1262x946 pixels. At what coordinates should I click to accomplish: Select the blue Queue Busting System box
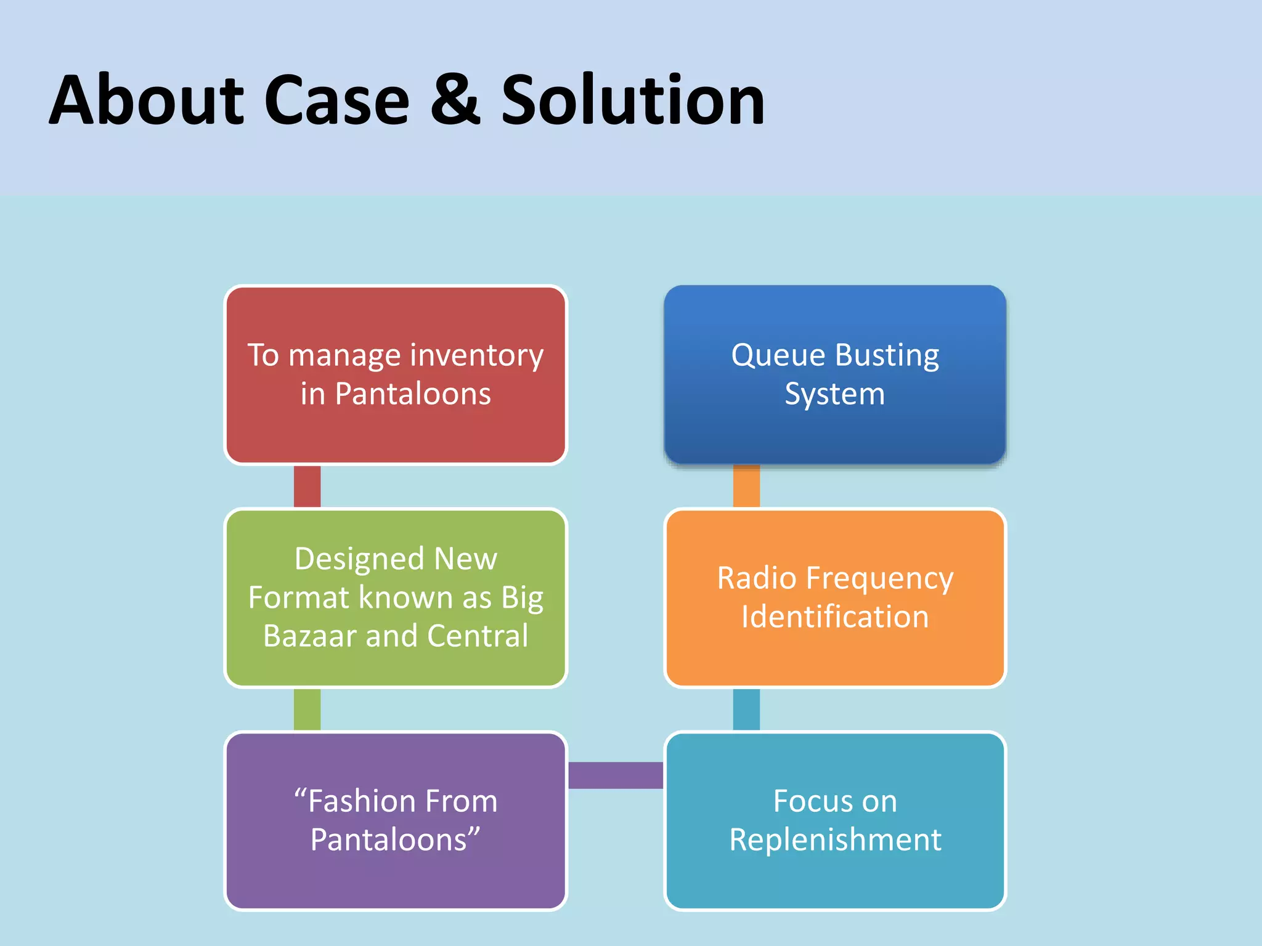pyautogui.click(x=835, y=431)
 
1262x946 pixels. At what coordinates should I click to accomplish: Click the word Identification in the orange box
pyautogui.click(x=835, y=617)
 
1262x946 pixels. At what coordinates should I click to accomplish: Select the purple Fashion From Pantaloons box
pyautogui.click(x=395, y=881)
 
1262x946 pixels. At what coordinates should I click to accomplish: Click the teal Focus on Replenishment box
pyautogui.click(x=835, y=881)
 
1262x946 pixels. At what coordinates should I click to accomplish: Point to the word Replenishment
pyautogui.click(x=835, y=840)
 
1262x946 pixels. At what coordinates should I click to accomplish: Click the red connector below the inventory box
pyautogui.click(x=307, y=487)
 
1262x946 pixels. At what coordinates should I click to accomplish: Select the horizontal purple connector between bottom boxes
pyautogui.click(x=615, y=775)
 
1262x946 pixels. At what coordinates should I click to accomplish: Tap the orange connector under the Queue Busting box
pyautogui.click(x=746, y=487)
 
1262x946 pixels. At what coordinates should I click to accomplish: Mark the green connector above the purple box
pyautogui.click(x=307, y=709)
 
